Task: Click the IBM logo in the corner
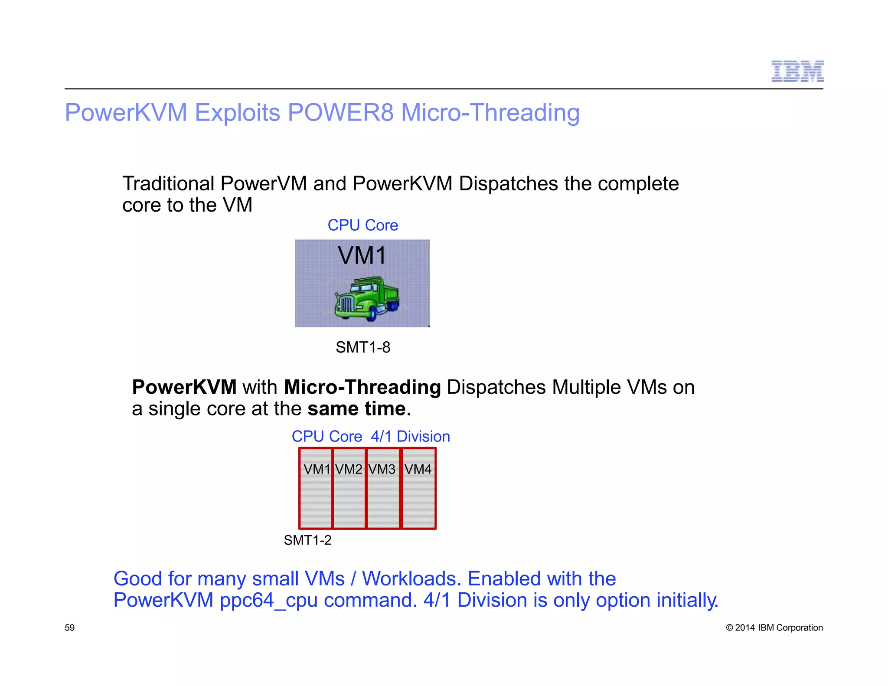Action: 797,72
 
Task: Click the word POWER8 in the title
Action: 340,113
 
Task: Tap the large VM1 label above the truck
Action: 362,255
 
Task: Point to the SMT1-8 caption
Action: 363,347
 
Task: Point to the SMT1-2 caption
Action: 307,540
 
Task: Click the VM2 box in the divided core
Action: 349,488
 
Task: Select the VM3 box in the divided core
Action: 382,488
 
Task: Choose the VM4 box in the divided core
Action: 418,488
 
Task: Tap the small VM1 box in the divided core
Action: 316,488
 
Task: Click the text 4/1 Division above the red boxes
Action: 410,436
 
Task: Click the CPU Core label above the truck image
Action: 362,225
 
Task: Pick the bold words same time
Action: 356,409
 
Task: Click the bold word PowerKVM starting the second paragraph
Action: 184,387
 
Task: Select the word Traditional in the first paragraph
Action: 168,184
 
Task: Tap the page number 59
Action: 70,627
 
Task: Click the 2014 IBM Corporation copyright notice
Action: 774,627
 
